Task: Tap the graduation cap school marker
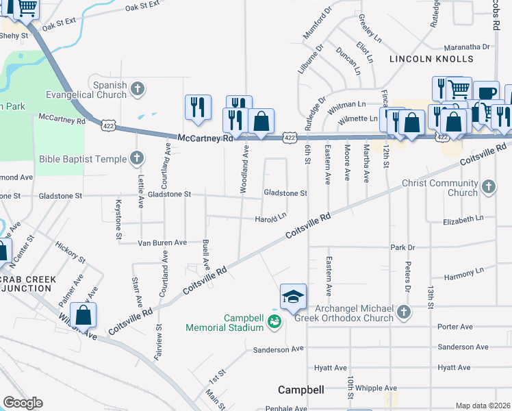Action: (x=292, y=297)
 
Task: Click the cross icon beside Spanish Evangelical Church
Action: (x=138, y=88)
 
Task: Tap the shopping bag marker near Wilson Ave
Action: (x=83, y=316)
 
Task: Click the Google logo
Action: (x=23, y=403)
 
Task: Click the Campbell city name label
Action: (x=300, y=390)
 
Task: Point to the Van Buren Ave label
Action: (x=162, y=242)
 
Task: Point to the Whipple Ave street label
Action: (x=376, y=388)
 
